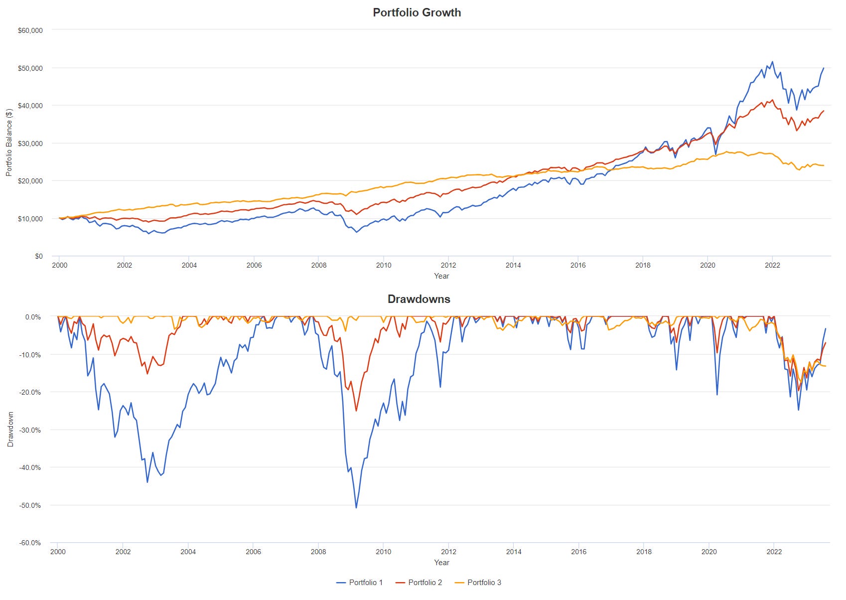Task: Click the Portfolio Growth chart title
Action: point(417,12)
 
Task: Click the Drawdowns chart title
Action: point(419,299)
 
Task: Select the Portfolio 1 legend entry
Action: point(360,583)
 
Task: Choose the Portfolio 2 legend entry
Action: point(419,583)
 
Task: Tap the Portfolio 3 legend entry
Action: point(478,583)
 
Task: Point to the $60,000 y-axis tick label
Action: point(30,30)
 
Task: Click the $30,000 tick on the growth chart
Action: point(30,144)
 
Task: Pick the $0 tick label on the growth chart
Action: point(38,256)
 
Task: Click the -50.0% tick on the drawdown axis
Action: point(30,505)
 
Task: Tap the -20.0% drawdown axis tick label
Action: point(30,392)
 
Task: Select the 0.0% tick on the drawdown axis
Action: point(33,317)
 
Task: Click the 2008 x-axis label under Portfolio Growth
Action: point(319,265)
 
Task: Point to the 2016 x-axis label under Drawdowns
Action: point(578,552)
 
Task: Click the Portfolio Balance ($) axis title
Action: point(9,143)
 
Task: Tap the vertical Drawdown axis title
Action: point(10,429)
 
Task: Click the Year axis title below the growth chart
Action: point(441,276)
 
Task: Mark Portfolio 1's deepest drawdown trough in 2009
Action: point(356,508)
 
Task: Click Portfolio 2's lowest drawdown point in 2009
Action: point(356,411)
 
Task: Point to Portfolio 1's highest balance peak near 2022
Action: point(772,62)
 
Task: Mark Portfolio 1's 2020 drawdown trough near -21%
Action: point(717,395)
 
